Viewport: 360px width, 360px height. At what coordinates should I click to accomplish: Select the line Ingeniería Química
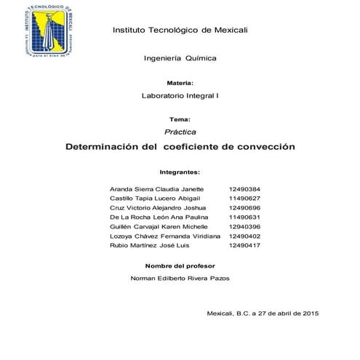180,57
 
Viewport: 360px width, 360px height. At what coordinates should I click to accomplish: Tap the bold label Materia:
180,84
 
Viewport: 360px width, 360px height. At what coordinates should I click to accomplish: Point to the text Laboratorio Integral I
180,96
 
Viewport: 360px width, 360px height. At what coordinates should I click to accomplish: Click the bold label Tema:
180,119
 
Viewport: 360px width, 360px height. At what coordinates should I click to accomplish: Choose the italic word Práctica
180,131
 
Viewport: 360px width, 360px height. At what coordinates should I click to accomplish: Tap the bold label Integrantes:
180,173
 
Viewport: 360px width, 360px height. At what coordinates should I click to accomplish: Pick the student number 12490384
244,188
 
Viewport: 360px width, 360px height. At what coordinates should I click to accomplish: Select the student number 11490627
244,198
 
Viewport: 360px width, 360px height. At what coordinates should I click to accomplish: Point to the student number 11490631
244,217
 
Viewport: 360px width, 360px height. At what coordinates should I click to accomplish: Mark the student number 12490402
244,236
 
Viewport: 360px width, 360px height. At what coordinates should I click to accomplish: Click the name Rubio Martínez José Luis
148,245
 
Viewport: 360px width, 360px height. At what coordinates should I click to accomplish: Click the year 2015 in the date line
310,312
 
